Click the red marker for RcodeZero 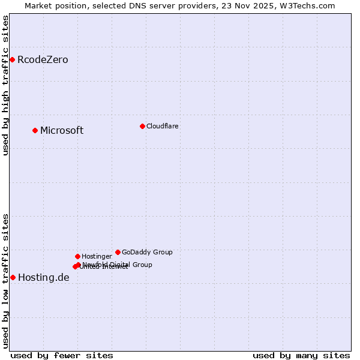tap(12, 59)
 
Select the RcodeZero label tap(43, 60)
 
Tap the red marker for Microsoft tap(35, 130)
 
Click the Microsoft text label tap(62, 131)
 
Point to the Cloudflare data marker tap(142, 126)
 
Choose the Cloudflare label tap(163, 126)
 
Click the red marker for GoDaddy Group tap(118, 252)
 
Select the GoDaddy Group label tap(147, 252)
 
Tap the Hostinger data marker tap(77, 256)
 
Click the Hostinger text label tap(97, 256)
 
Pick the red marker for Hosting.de tap(13, 277)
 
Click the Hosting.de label tap(44, 277)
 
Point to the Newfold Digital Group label tap(118, 265)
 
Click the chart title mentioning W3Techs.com tap(180, 5)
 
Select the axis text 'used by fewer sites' tap(62, 355)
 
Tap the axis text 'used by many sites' tap(301, 355)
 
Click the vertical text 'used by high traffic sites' tap(5, 85)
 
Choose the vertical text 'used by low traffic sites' tap(5, 281)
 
